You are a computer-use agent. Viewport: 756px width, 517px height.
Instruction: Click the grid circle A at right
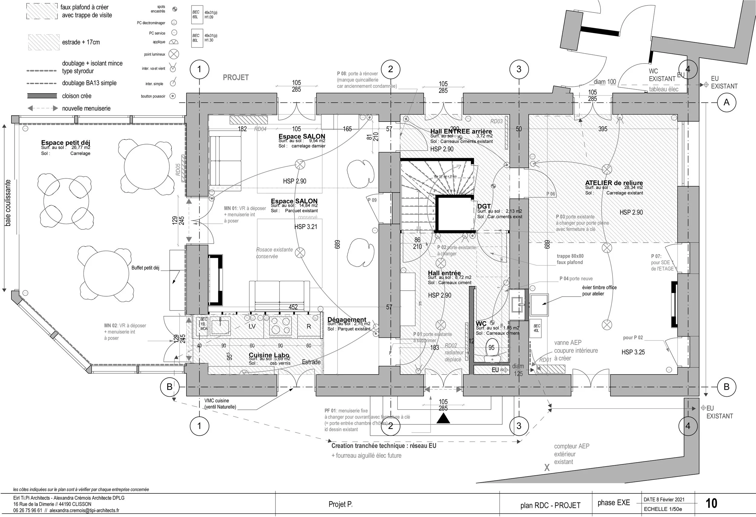click(726, 102)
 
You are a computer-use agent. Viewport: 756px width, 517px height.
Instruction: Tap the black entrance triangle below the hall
click(443, 418)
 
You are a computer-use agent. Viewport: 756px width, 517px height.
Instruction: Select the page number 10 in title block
click(712, 503)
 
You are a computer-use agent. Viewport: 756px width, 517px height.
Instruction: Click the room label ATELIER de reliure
click(614, 183)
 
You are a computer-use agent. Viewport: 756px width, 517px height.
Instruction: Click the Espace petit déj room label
click(65, 142)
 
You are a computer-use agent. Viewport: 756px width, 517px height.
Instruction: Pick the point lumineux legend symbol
click(174, 54)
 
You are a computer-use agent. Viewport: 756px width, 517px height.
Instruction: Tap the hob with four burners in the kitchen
click(280, 326)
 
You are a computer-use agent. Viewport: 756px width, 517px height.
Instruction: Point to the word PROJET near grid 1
click(236, 77)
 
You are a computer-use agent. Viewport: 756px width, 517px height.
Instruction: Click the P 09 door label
click(372, 200)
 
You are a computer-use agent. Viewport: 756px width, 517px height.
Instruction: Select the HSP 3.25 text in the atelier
click(633, 352)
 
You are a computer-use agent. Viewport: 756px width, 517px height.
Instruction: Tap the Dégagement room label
click(347, 320)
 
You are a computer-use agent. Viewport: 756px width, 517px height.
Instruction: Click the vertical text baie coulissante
click(8, 203)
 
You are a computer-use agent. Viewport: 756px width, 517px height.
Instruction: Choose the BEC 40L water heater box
click(537, 328)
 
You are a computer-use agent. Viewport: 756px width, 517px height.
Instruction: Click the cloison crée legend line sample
click(42, 96)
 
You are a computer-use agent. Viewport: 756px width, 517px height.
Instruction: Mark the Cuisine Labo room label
click(269, 355)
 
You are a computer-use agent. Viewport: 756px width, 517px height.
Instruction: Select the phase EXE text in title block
click(614, 503)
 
